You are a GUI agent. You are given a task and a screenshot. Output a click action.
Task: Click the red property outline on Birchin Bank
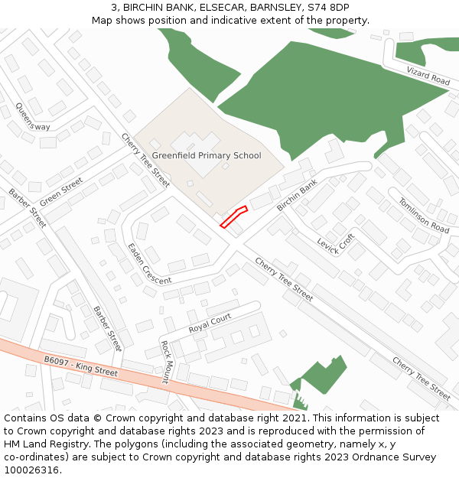click(x=234, y=216)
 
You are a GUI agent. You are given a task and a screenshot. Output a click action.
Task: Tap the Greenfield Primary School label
click(x=207, y=155)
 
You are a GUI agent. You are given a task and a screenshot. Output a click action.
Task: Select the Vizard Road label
click(x=428, y=75)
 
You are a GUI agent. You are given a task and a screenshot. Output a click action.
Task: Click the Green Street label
click(x=61, y=191)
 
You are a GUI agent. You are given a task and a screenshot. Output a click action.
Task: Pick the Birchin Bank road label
click(x=297, y=196)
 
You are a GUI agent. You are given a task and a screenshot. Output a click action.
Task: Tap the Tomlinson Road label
click(x=423, y=215)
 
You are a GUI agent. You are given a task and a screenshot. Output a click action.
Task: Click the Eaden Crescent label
click(x=149, y=264)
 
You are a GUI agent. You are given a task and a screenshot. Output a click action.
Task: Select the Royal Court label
click(x=210, y=322)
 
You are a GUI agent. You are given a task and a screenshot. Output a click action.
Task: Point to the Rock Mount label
click(x=165, y=362)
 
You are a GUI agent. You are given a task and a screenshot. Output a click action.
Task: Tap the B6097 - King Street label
click(x=80, y=366)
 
